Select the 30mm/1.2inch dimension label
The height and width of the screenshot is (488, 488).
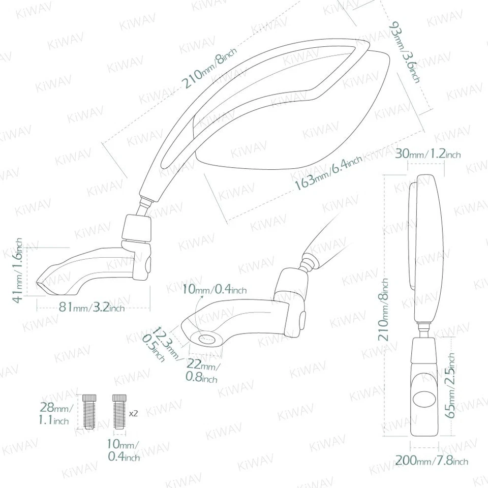click(x=429, y=154)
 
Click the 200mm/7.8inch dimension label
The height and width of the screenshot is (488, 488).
click(x=432, y=461)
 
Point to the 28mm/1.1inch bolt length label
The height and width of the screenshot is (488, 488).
click(x=55, y=413)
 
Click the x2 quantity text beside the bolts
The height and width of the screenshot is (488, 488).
click(x=134, y=413)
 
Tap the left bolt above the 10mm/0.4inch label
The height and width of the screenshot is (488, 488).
click(x=89, y=411)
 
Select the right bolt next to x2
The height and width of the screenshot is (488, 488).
click(x=119, y=411)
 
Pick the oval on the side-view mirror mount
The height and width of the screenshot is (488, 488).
click(x=424, y=399)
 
